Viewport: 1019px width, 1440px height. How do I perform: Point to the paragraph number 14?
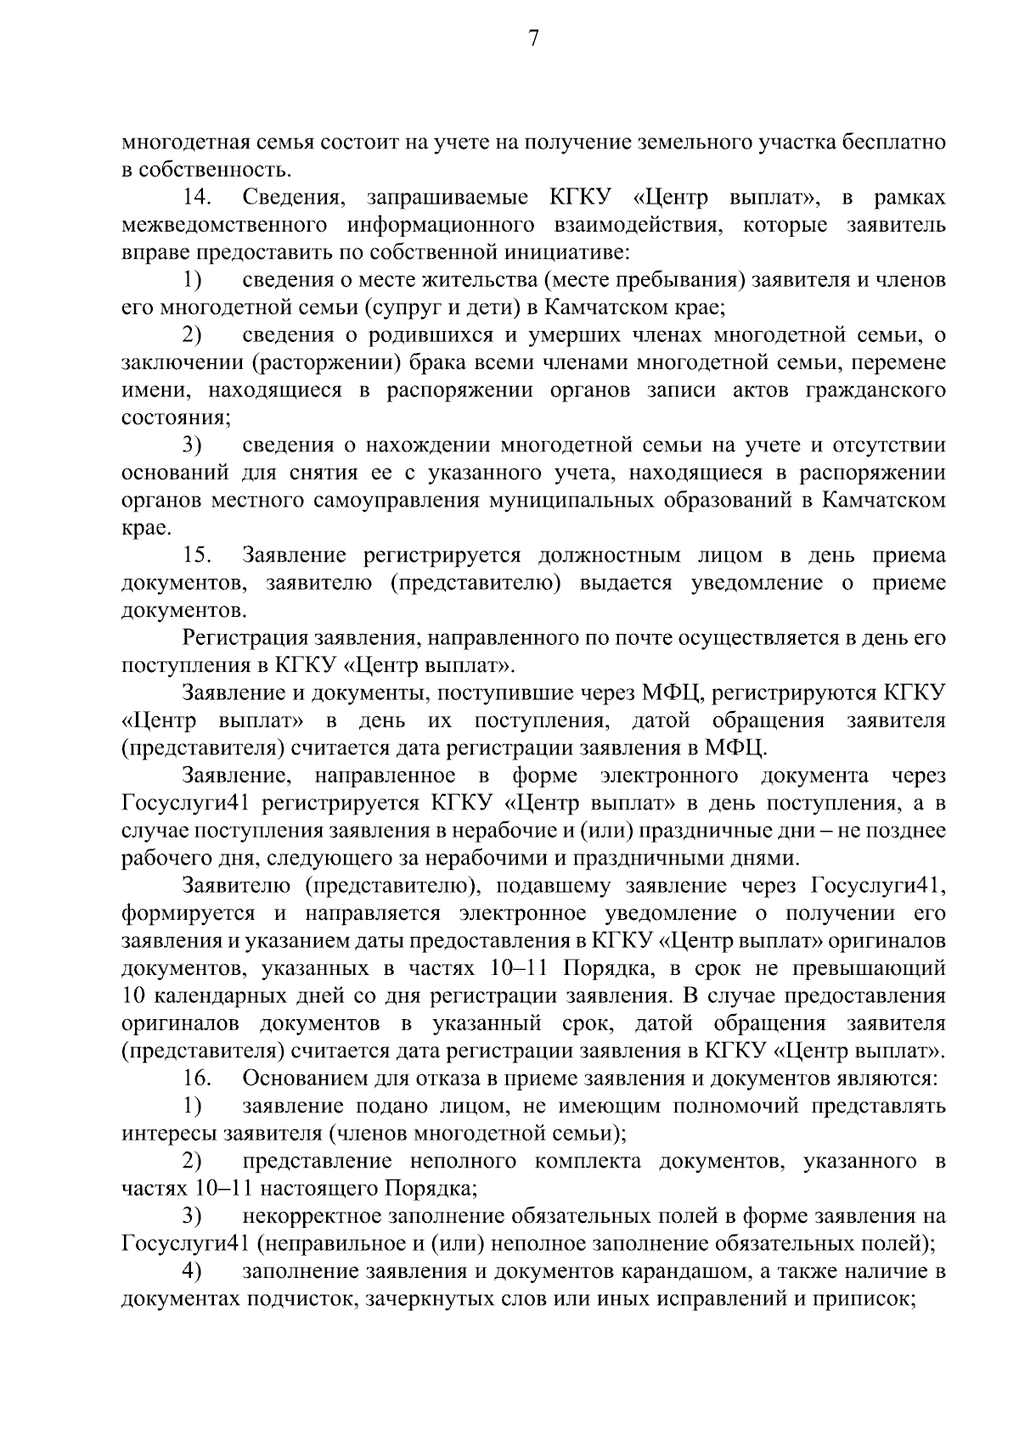pyautogui.click(x=196, y=198)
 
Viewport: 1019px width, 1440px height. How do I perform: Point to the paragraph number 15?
pyautogui.click(x=196, y=556)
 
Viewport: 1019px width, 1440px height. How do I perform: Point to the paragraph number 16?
pyautogui.click(x=196, y=1079)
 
